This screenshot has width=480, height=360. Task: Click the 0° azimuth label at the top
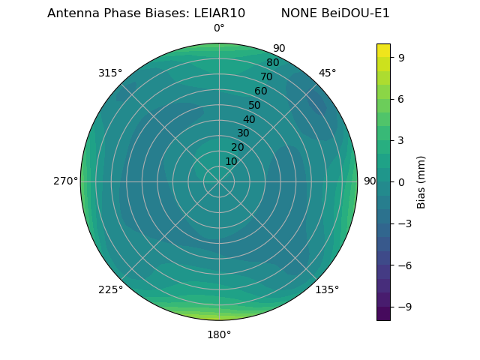[x=219, y=28]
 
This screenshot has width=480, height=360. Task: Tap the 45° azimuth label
[x=327, y=73]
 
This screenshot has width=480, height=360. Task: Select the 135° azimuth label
[x=327, y=289]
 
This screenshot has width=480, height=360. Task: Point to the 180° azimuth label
[x=219, y=334]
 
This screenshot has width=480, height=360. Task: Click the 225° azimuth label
[x=110, y=289]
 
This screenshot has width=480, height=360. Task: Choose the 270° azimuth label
[x=65, y=181]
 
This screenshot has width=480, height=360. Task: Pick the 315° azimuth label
[x=110, y=73]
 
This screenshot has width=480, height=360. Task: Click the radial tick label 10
[x=231, y=161]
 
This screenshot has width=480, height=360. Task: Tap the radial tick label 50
[x=255, y=105]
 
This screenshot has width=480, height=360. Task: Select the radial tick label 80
[x=273, y=63]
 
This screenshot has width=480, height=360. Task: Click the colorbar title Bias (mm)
[x=421, y=181]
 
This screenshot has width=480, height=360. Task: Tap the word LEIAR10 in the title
[x=218, y=13]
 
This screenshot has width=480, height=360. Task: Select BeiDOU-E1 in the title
[x=357, y=13]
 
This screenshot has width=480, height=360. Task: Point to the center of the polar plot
[x=219, y=181]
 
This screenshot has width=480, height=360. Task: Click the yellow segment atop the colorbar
[x=383, y=49]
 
